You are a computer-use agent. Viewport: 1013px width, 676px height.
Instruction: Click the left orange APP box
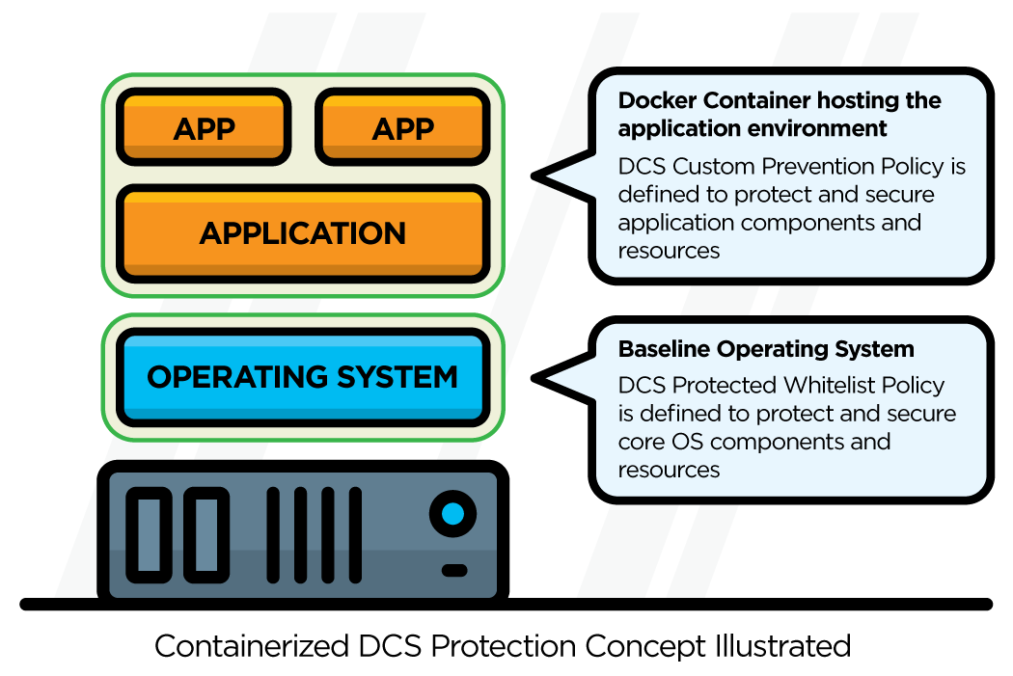click(204, 127)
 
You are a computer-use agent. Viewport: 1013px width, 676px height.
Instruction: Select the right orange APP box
click(402, 127)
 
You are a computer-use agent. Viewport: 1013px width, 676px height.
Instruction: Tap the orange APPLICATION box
click(302, 233)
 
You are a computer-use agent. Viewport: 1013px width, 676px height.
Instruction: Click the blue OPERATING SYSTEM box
click(302, 376)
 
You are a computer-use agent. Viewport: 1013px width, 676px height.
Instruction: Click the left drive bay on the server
click(150, 534)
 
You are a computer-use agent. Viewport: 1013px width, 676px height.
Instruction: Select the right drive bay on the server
click(206, 534)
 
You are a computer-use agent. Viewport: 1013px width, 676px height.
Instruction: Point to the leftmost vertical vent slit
click(273, 534)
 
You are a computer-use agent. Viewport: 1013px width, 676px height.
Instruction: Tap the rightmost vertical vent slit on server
click(355, 534)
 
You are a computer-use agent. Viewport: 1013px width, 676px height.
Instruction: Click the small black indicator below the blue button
click(453, 570)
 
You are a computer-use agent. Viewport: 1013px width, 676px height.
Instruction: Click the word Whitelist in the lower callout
click(836, 385)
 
